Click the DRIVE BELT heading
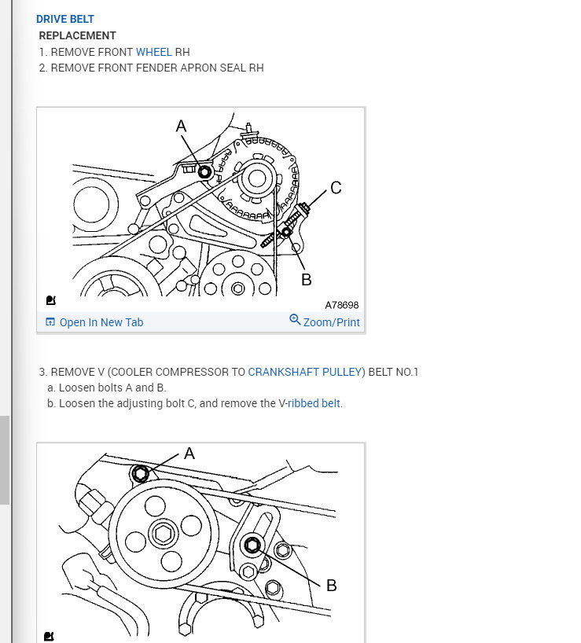65,20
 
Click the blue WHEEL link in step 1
154,52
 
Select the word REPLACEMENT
78,35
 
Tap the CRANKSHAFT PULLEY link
304,372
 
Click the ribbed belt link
314,403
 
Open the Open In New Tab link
101,322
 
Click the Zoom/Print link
331,322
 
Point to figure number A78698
341,305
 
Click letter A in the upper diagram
182,126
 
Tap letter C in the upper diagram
336,188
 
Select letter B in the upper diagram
307,280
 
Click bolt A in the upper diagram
204,172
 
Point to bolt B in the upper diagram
286,233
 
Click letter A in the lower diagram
189,454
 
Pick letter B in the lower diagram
331,586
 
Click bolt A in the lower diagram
140,474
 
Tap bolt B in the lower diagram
252,546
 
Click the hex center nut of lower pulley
164,534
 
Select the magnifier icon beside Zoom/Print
295,319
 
